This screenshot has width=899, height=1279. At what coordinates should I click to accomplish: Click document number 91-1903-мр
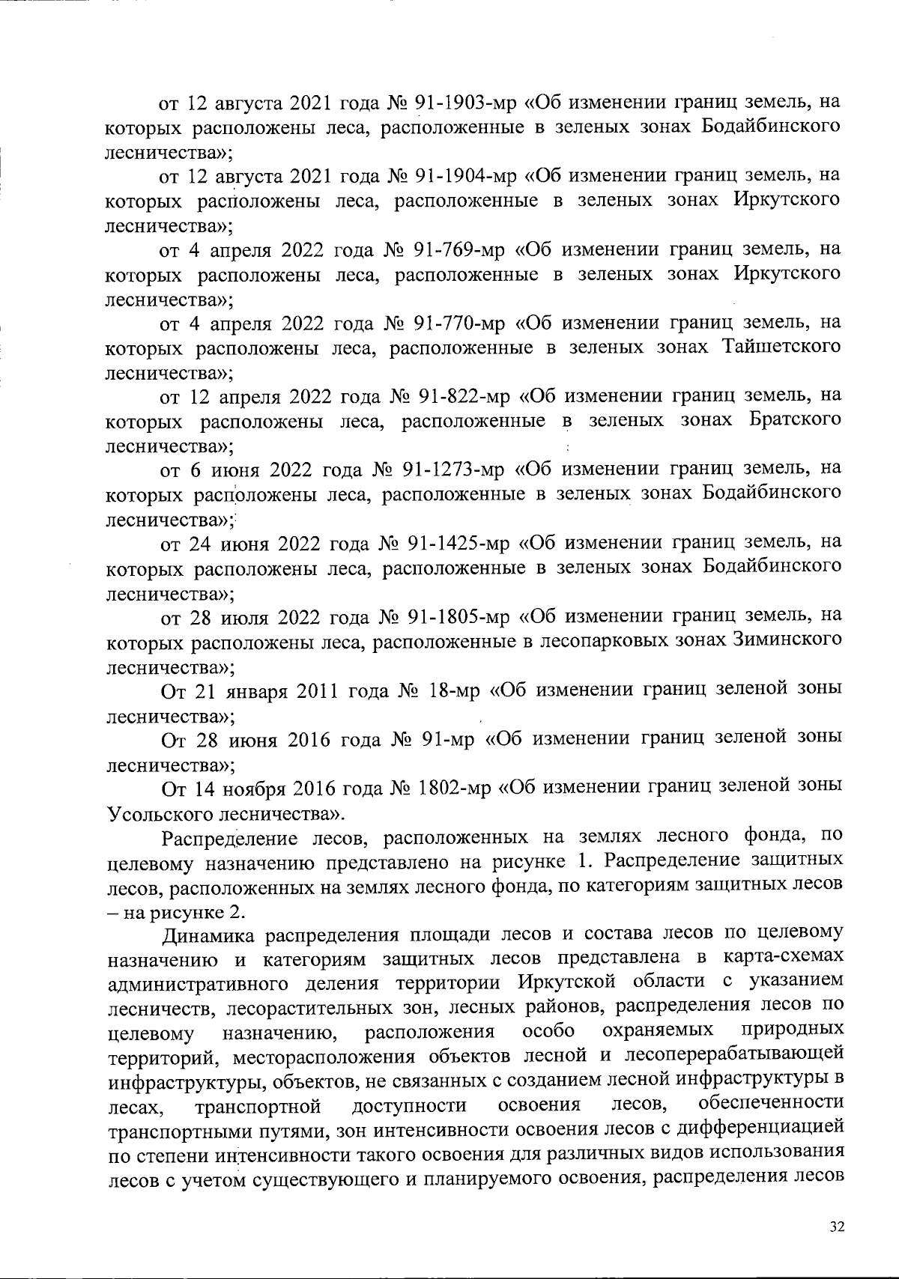click(x=461, y=101)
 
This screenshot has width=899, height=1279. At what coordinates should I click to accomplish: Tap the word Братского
click(x=793, y=419)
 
